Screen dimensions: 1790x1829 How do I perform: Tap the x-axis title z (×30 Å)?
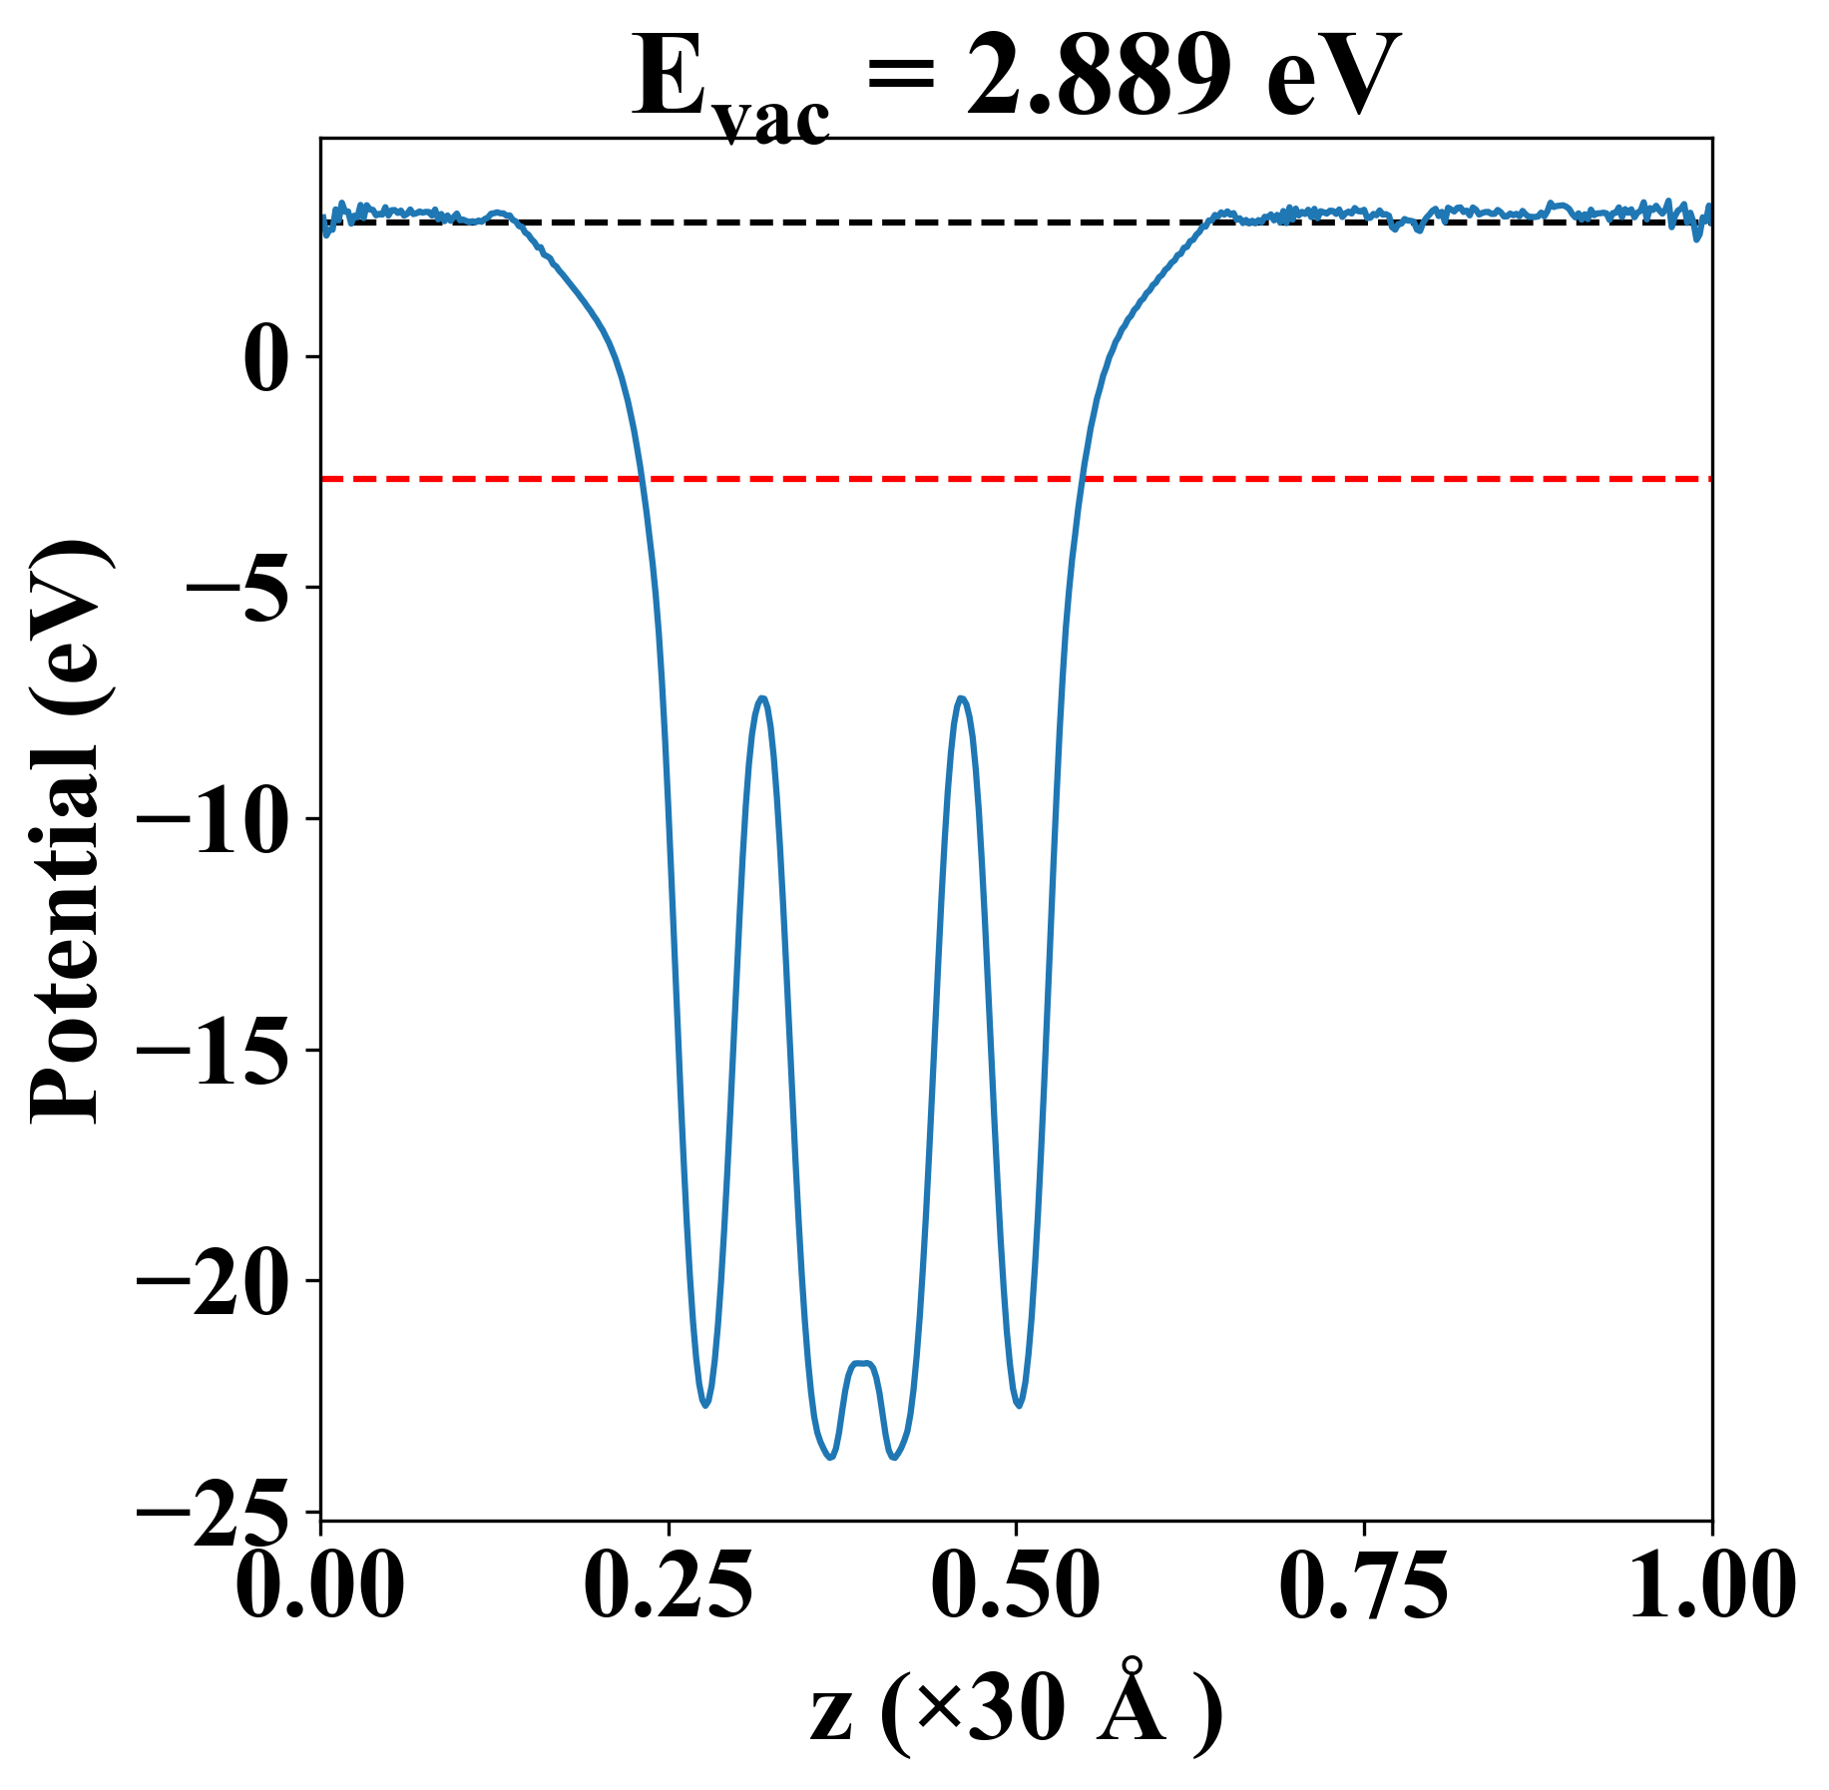(x=1016, y=1713)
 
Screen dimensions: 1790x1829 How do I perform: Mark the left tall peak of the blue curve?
(x=762, y=698)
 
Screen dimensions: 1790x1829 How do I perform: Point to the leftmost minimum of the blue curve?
(x=705, y=1405)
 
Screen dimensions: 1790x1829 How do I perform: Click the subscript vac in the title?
(x=772, y=122)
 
